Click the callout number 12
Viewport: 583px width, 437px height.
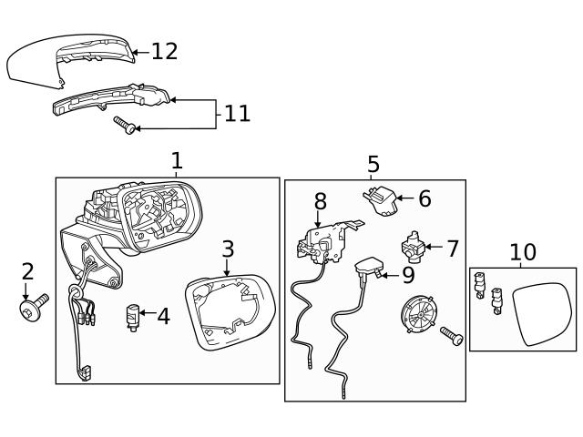[x=165, y=51]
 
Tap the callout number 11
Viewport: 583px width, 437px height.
[x=237, y=114]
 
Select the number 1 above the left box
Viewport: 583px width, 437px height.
[x=177, y=161]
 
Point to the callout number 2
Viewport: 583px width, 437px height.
[x=27, y=271]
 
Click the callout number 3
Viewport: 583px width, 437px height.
[x=228, y=249]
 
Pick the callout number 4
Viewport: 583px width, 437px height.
[x=163, y=317]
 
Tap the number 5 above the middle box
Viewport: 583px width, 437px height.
[x=373, y=165]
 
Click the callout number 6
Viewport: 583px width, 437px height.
[x=424, y=198]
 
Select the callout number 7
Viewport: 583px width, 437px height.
[x=453, y=247]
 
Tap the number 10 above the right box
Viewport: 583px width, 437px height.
[x=523, y=252]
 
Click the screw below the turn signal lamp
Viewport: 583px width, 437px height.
[x=125, y=125]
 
